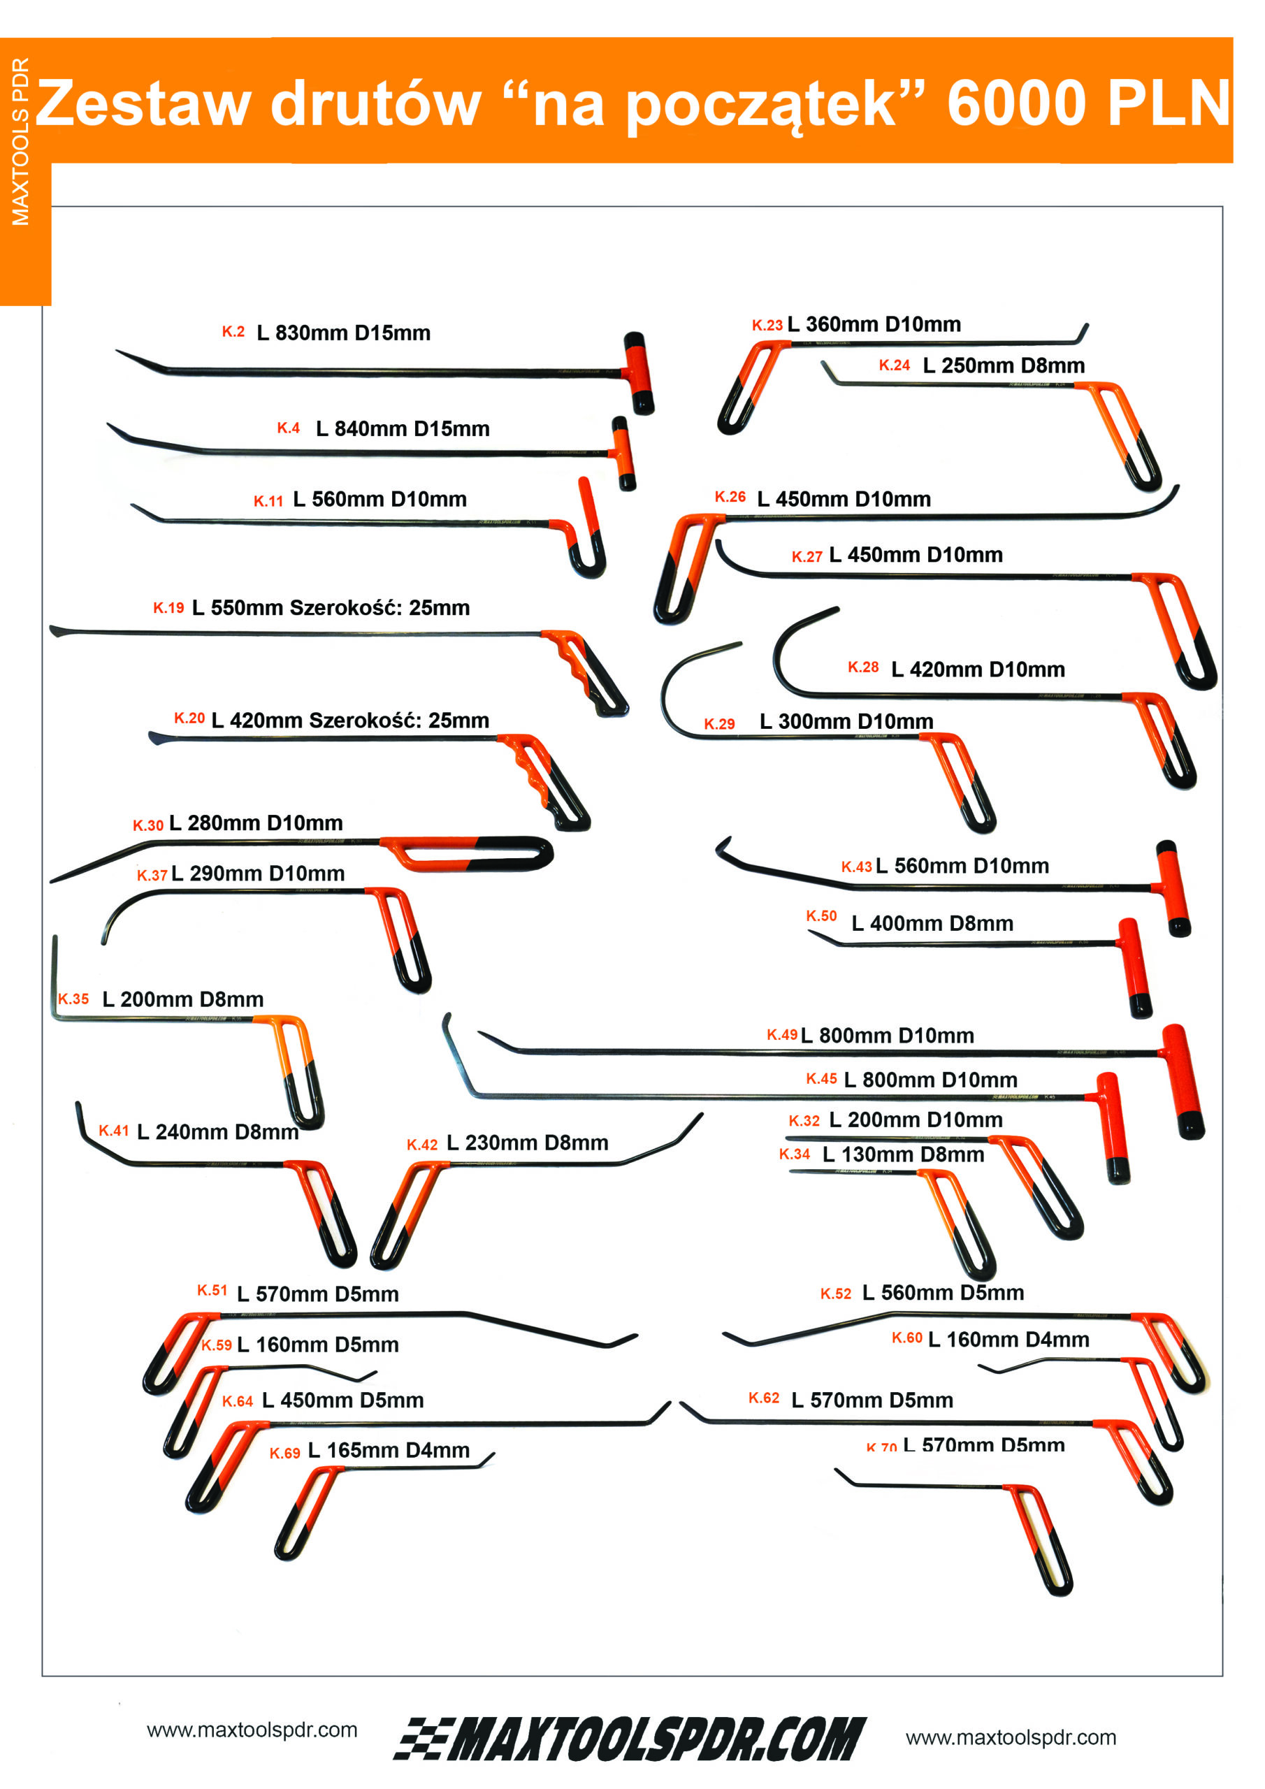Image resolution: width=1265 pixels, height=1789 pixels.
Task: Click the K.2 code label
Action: (x=233, y=332)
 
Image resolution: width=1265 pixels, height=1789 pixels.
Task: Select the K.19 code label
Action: (x=168, y=608)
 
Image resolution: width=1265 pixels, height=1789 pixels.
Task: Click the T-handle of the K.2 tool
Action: (x=638, y=372)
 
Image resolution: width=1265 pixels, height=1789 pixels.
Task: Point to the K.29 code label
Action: (x=718, y=724)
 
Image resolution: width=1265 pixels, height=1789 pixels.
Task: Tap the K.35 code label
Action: (x=73, y=999)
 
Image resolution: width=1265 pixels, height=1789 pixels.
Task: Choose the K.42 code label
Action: (x=421, y=1145)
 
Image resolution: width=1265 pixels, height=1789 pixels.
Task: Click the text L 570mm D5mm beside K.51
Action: (x=317, y=1294)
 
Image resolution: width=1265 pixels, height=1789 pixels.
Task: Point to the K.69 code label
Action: (x=284, y=1453)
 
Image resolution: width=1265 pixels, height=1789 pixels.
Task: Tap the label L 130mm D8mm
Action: (x=902, y=1154)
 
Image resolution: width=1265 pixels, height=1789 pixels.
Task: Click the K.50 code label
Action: (x=821, y=916)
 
